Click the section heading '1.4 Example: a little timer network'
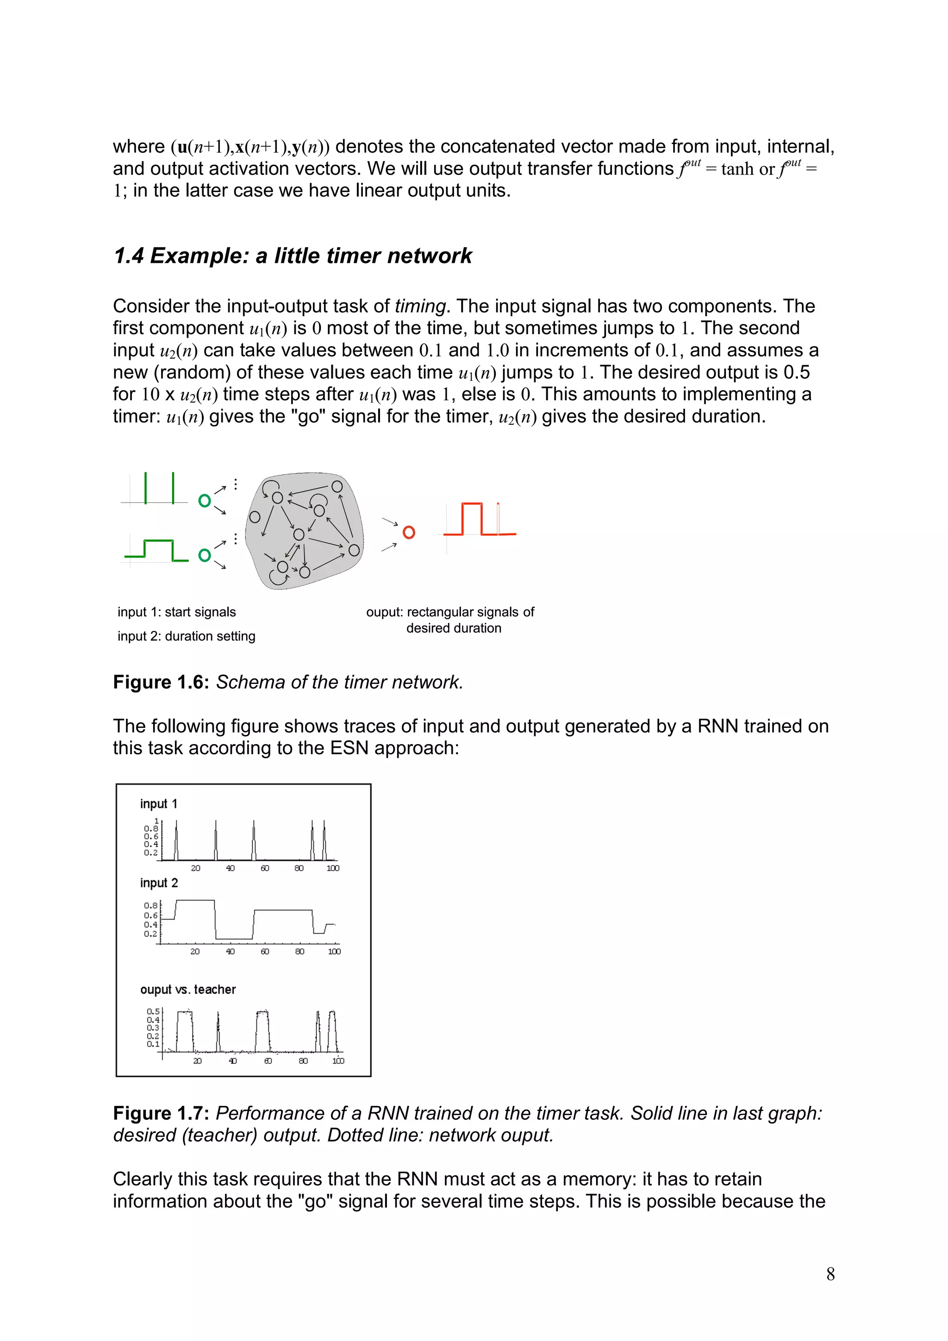(293, 256)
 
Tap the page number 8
(830, 1274)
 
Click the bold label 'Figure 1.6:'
(161, 682)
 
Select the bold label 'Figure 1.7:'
(161, 1113)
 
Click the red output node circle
(409, 532)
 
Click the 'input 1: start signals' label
(176, 612)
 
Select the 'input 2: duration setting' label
(187, 636)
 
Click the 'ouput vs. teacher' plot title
(187, 989)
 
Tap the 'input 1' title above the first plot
(158, 804)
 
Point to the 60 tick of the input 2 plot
(265, 951)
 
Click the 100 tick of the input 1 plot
(333, 868)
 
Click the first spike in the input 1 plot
(176, 839)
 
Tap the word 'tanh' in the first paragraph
(737, 169)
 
